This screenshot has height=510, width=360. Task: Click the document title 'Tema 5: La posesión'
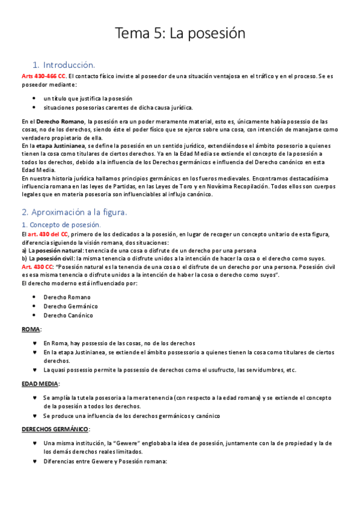(x=180, y=33)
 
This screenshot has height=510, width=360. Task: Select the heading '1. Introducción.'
(x=64, y=64)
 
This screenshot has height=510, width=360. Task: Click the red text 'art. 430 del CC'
(x=48, y=234)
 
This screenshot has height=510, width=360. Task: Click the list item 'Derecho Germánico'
(x=70, y=306)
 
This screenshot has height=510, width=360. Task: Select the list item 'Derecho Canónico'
(x=68, y=315)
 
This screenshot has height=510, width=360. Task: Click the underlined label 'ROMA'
(x=31, y=330)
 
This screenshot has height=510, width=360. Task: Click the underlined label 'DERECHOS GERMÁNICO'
(x=55, y=429)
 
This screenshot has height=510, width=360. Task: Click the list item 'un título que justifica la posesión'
(x=88, y=98)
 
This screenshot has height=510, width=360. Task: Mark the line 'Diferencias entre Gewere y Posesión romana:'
(x=105, y=461)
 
